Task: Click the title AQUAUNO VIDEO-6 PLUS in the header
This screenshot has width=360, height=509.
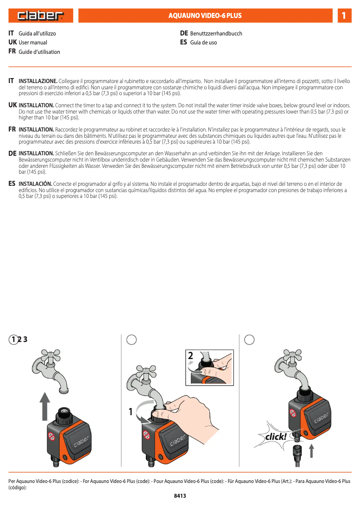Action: (205, 16)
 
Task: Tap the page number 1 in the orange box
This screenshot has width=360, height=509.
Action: (343, 16)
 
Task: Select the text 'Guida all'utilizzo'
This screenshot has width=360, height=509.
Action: (37, 33)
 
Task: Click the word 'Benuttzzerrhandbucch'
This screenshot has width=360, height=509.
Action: (216, 34)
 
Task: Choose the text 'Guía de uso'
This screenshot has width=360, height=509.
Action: (203, 43)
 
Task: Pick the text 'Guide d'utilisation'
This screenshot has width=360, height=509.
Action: (39, 52)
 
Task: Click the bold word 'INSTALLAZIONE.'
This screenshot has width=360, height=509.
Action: (38, 81)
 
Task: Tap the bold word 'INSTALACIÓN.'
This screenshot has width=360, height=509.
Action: (35, 184)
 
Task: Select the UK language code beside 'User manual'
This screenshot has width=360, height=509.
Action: (13, 42)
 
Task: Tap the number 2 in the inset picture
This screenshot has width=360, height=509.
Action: (191, 356)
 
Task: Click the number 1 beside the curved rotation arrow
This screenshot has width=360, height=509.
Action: (131, 411)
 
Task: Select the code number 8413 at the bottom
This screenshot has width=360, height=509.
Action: (180, 496)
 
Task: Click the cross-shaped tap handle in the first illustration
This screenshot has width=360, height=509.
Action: (50, 357)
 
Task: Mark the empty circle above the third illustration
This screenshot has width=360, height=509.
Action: (250, 340)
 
